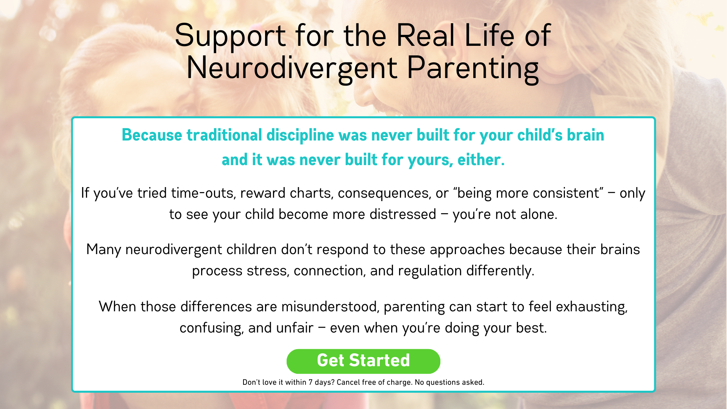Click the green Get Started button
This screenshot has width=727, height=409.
pos(363,361)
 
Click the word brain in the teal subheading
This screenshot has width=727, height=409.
pos(585,135)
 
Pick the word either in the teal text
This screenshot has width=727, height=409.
pos(481,160)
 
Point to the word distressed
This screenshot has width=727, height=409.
pos(403,214)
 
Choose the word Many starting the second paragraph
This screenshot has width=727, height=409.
pos(103,250)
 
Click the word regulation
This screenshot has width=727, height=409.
pos(430,271)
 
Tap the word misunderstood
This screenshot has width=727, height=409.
pos(330,307)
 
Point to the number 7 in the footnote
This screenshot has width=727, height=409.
pos(310,382)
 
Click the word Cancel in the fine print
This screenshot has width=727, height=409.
pos(348,382)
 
